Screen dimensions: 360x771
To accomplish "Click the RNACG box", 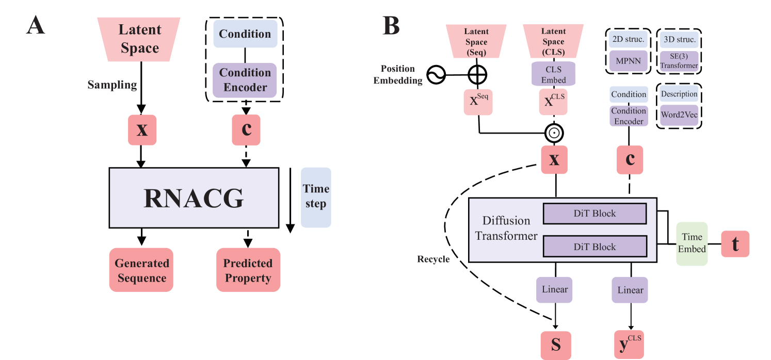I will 194,198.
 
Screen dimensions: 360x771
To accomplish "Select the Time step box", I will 316,197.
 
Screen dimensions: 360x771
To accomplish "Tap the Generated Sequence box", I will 141,270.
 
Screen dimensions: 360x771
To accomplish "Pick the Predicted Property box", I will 248,270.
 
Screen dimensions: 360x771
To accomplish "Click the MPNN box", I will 628,61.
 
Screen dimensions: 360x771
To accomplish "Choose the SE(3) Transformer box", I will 679,61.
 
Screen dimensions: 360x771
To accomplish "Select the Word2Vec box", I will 679,115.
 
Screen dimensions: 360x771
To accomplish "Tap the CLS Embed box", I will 553,74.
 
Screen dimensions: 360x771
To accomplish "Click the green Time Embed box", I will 692,243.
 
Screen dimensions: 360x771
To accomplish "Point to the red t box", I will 735,244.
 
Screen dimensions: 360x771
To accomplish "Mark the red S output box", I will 556,345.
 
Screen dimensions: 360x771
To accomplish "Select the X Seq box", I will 478,102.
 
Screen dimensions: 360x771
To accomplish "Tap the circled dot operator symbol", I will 554,133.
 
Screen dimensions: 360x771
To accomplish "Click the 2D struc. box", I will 628,39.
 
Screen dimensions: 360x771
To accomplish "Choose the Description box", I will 679,94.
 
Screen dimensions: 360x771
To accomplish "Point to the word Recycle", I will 433,259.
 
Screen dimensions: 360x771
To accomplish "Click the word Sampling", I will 112,85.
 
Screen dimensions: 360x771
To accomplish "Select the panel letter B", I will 391,26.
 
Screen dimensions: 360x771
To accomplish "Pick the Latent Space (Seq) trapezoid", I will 476,42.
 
